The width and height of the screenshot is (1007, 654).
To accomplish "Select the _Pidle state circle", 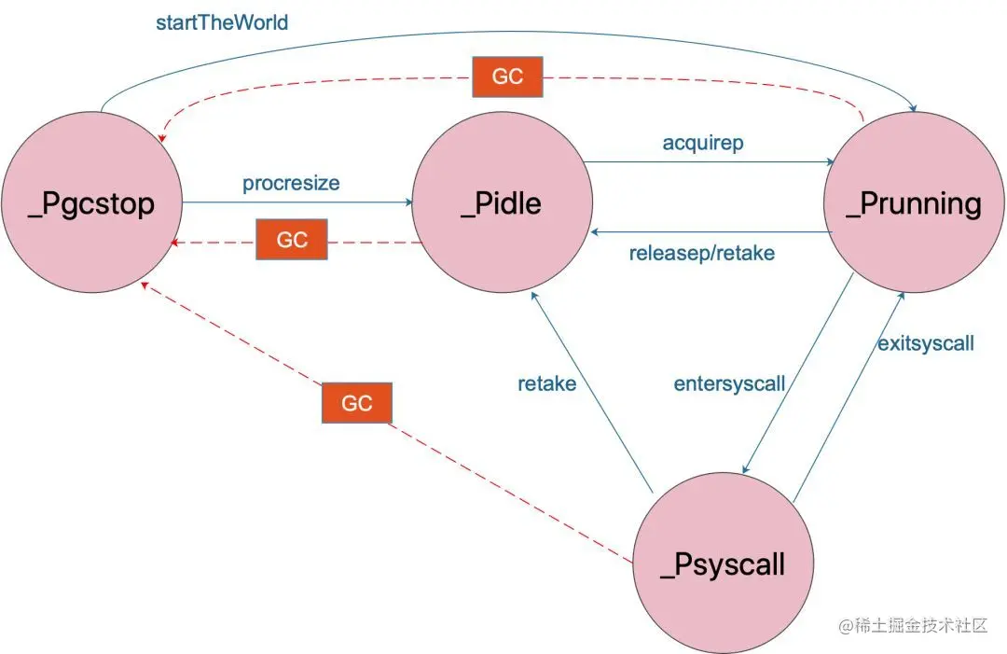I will (501, 204).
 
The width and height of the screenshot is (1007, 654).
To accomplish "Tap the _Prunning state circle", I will (914, 204).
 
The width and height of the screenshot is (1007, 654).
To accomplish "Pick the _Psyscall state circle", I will (723, 564).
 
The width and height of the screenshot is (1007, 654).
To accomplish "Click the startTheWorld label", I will (222, 21).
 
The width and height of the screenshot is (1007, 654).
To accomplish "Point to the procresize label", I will (291, 183).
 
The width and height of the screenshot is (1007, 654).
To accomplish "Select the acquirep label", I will (703, 143).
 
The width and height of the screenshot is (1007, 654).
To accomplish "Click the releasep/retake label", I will (701, 253).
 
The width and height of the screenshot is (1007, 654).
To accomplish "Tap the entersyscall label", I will (729, 383).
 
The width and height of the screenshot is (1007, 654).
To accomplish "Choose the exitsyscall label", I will (925, 343).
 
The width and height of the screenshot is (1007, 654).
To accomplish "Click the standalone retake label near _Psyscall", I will (546, 383).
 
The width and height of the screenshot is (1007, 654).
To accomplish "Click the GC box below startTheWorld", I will (507, 77).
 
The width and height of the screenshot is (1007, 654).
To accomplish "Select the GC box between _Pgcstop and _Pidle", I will (292, 241).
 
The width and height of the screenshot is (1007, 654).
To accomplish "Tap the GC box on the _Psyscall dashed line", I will (356, 403).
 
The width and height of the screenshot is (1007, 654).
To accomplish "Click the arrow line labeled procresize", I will (298, 202).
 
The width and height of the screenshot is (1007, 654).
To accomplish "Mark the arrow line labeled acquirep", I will (709, 162).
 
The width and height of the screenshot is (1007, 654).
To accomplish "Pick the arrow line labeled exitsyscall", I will (848, 392).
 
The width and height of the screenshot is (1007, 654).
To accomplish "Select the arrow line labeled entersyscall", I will (798, 373).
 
